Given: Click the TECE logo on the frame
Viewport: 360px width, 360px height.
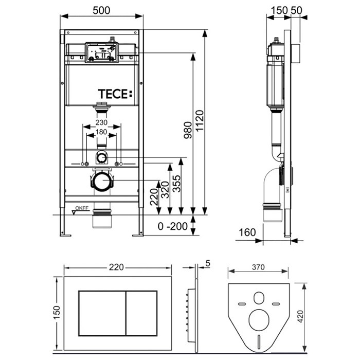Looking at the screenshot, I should [115, 94].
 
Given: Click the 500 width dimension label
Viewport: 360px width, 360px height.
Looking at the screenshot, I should [102, 10].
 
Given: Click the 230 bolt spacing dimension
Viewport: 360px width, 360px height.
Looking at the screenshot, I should [102, 123].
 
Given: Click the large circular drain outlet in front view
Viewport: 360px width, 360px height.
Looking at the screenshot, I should [102, 182].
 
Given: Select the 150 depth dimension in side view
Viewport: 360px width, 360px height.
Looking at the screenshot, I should [278, 10].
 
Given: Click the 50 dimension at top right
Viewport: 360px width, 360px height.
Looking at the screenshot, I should [296, 10].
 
